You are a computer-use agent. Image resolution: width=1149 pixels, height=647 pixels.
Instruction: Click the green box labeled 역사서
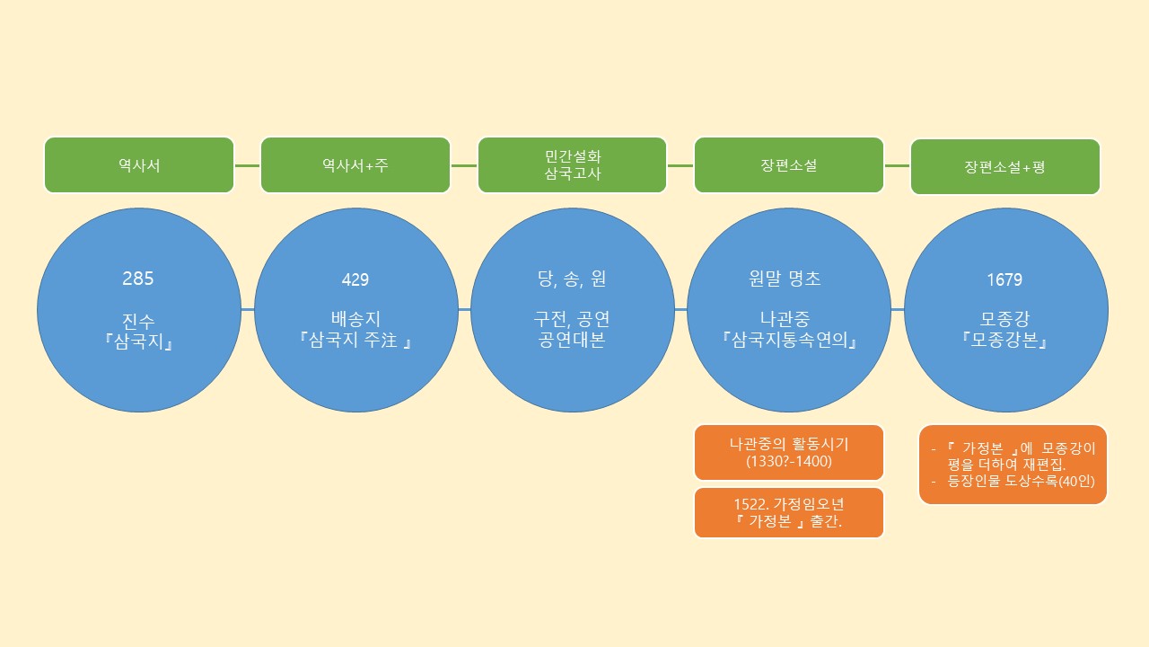(139, 165)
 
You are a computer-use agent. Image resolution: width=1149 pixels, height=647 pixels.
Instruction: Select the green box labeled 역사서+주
(355, 165)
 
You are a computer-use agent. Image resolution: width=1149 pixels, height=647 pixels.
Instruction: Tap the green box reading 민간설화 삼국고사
(573, 165)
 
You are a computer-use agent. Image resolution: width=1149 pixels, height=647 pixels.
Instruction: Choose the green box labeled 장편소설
(789, 165)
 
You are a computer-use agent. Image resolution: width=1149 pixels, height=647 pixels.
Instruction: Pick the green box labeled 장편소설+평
(1005, 167)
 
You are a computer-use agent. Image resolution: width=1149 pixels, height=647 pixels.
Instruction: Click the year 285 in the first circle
(138, 279)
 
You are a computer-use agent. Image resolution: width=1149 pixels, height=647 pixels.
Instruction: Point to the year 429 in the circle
(355, 279)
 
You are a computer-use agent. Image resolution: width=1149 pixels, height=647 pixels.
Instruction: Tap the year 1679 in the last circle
(1004, 279)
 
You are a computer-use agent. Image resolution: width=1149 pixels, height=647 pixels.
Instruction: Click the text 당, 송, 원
(572, 279)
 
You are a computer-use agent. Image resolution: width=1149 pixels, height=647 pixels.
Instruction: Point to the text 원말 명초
(789, 279)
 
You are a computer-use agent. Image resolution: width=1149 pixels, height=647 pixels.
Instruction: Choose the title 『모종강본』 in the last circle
(1005, 341)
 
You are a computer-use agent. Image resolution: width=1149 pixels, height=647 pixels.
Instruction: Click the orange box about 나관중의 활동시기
(789, 452)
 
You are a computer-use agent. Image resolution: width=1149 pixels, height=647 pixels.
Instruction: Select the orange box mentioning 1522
(789, 513)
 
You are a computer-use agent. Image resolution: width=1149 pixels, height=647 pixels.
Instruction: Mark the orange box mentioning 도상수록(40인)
(1013, 465)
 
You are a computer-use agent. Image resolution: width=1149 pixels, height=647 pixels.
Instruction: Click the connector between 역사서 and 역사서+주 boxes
(247, 165)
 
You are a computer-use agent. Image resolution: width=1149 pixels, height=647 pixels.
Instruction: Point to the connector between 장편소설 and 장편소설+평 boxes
(897, 165)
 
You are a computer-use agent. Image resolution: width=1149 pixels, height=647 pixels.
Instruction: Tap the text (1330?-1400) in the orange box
(789, 462)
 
